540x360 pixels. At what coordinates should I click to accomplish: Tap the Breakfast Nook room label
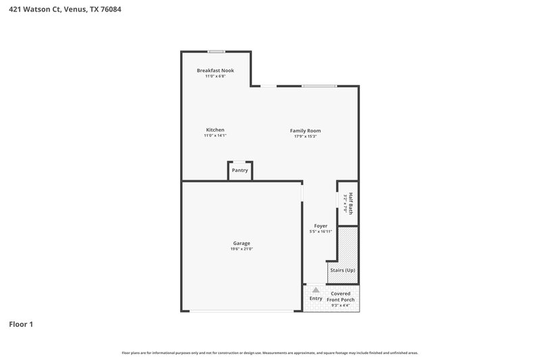tap(215, 70)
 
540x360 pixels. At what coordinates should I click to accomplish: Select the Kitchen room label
tap(215, 130)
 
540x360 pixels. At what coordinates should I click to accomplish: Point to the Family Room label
tap(305, 130)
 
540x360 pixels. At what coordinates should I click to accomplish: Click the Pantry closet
tap(240, 170)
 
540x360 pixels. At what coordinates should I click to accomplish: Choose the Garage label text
tap(242, 243)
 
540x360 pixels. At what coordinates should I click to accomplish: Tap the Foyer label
tap(321, 226)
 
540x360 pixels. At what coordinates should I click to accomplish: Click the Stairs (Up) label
tap(342, 270)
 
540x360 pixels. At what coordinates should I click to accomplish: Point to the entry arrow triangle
tap(315, 289)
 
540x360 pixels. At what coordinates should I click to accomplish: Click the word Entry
tap(315, 298)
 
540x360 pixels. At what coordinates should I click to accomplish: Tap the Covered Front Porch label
tap(341, 296)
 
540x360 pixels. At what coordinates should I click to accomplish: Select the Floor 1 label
tap(21, 324)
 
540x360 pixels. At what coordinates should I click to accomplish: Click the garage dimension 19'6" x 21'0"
tap(242, 249)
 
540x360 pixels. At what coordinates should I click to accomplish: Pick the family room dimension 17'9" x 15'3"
tap(305, 136)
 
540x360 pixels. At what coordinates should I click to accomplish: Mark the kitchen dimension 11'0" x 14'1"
tap(215, 136)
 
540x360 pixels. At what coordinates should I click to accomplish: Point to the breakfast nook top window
tap(216, 51)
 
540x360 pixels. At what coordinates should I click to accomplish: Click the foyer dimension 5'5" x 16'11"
tap(321, 232)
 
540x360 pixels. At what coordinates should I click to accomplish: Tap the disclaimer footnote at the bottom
tap(269, 353)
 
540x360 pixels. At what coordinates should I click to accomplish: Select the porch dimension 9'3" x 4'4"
tap(341, 305)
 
